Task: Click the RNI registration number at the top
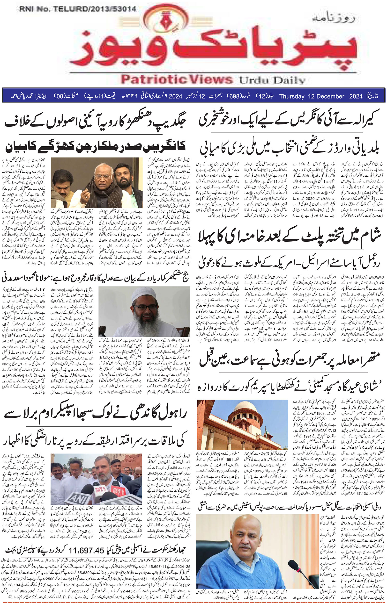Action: [77, 9]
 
